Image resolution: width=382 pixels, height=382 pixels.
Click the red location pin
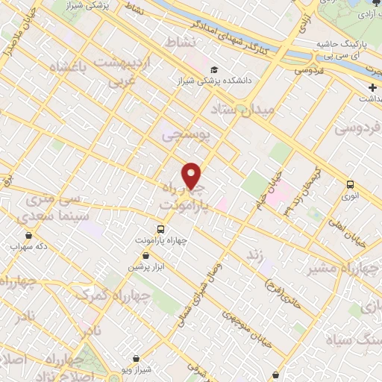192,175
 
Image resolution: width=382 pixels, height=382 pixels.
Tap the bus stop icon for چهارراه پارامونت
160,229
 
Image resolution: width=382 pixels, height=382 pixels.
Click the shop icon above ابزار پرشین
145,255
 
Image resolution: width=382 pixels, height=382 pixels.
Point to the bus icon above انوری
350,184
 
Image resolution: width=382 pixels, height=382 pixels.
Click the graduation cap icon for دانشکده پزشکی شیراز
214,66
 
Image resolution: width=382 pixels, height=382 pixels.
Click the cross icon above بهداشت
372,87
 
